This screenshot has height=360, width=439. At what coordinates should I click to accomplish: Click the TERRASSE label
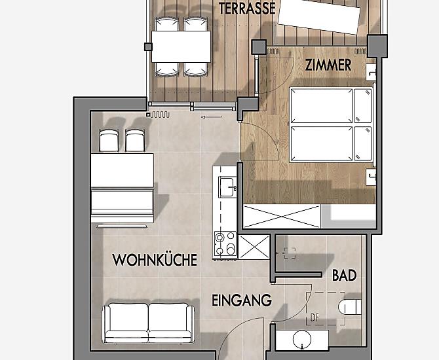247,9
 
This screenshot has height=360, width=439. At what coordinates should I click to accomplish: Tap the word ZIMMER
328,65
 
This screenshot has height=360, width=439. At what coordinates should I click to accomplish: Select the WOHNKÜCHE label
155,260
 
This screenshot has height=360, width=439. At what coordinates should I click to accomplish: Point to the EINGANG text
242,300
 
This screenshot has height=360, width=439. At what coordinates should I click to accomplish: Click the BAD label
345,276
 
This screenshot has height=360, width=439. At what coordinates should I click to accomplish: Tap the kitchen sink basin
227,187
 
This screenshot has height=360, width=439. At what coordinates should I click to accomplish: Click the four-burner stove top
225,244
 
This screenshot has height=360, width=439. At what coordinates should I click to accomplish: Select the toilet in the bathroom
349,307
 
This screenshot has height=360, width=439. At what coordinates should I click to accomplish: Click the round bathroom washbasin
302,339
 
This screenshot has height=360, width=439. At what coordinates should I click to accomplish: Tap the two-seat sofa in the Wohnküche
148,323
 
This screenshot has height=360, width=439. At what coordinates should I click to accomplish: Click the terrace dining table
181,46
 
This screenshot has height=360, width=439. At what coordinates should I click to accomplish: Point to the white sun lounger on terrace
318,16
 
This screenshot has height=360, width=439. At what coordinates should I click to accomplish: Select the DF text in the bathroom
315,318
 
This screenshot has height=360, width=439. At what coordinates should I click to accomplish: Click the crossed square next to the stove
254,247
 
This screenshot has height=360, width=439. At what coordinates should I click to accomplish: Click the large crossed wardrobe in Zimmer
282,217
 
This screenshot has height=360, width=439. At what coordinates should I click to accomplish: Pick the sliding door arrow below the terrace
212,117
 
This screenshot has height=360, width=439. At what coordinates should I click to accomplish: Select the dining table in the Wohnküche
123,170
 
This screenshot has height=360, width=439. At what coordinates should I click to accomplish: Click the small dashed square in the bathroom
290,253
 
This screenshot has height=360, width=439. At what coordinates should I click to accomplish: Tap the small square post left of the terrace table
148,46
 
